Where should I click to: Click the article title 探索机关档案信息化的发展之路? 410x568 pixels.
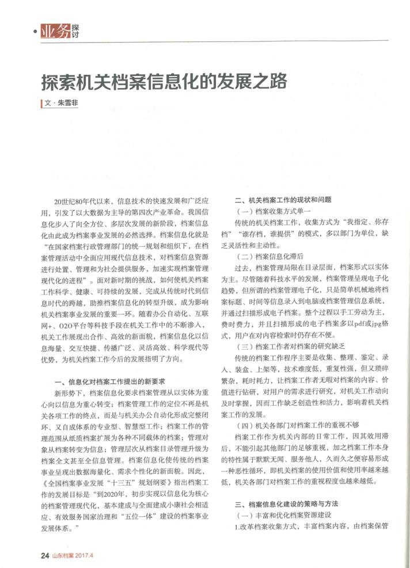(x=164, y=81)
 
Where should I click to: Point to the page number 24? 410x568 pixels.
(x=44, y=555)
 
